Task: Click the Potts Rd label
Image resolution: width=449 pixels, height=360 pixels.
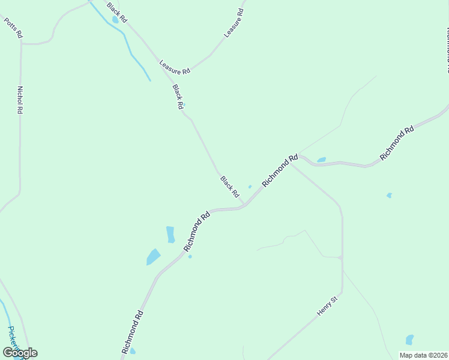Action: [13, 28]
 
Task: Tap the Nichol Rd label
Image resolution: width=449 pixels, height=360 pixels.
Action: [20, 100]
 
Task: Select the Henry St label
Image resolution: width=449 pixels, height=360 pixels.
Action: [328, 305]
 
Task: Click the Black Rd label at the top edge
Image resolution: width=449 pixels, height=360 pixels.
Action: [117, 12]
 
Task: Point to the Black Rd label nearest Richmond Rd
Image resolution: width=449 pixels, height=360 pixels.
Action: [229, 187]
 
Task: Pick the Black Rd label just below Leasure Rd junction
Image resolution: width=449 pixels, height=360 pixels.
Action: [178, 97]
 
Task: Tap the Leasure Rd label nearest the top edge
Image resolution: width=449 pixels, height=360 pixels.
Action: [234, 23]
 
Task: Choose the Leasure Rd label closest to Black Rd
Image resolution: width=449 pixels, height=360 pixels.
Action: [175, 67]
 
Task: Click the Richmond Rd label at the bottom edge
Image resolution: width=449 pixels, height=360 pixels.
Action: [132, 331]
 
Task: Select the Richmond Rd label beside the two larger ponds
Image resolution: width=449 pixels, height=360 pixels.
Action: [196, 231]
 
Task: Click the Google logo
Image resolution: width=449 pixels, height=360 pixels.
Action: [20, 352]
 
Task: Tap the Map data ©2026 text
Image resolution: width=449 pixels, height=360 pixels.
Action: [423, 355]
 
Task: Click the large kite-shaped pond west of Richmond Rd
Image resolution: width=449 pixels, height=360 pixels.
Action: [153, 257]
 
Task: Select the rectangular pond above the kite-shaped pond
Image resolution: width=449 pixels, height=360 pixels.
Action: [170, 235]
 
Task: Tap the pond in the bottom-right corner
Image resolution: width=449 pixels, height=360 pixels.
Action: [409, 340]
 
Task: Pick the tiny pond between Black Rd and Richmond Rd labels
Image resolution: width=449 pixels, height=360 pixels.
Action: [250, 187]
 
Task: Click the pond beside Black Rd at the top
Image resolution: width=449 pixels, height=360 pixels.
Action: [115, 19]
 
